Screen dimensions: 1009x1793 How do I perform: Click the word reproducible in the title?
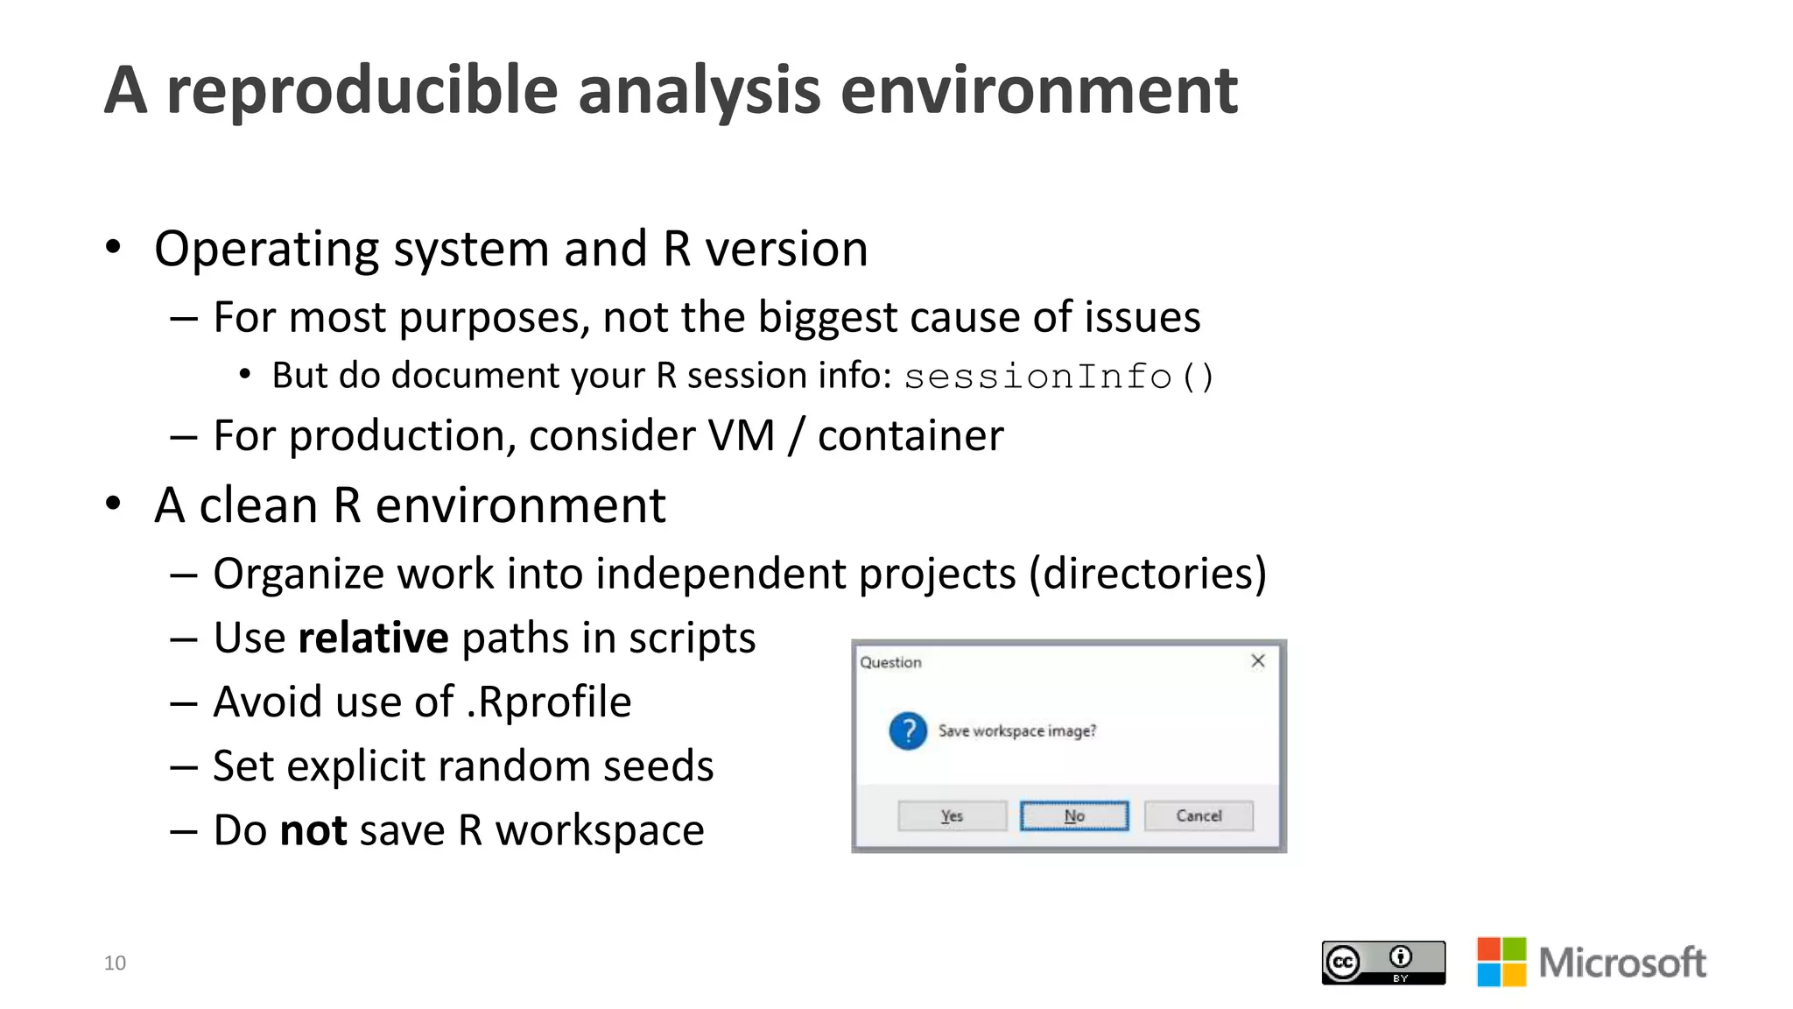coord(362,91)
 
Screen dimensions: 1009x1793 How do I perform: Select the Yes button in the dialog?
coord(952,815)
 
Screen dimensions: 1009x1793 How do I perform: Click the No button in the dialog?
coord(1074,815)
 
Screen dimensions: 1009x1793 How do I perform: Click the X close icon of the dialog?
coord(1258,661)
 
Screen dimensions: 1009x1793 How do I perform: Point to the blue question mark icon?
coord(908,730)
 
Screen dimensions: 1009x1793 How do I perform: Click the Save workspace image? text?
coord(1016,730)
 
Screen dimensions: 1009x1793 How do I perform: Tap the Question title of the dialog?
coord(890,662)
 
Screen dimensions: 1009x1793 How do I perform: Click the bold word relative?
coord(373,638)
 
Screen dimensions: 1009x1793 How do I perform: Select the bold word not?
coord(313,830)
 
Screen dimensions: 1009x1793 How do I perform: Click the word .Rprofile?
coord(549,702)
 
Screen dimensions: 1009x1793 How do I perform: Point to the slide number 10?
coord(115,963)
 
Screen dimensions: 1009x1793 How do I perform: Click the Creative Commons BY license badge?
coord(1383,963)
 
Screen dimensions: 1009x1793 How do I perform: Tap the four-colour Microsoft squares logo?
coord(1501,962)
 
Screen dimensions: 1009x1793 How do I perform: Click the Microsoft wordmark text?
coord(1622,963)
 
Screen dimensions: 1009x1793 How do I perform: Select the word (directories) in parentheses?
coord(1148,575)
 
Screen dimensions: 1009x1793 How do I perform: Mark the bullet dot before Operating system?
coord(113,248)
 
